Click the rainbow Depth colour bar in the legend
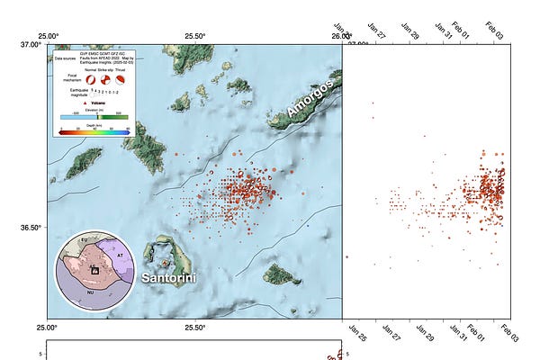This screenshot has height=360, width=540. click(x=94, y=130)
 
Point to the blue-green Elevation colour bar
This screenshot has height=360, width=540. click(x=94, y=116)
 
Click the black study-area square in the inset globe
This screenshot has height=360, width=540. click(x=94, y=269)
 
